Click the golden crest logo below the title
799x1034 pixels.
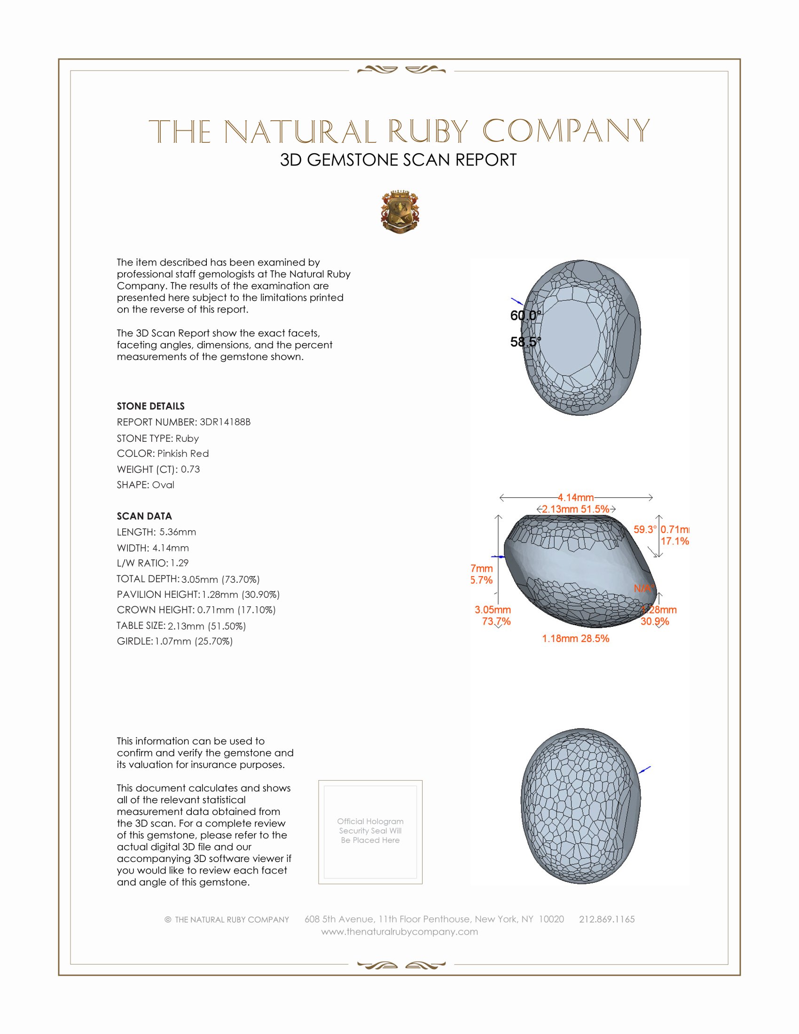point(400,212)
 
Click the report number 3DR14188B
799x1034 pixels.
point(225,422)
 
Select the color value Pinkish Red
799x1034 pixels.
point(183,454)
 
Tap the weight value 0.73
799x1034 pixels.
point(190,469)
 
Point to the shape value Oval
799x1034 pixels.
point(163,485)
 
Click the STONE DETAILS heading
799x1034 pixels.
point(150,406)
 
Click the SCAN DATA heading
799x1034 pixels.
point(144,516)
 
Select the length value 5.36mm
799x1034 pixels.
point(178,532)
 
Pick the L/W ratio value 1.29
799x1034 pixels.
point(180,564)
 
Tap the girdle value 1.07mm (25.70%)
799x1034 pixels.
point(194,642)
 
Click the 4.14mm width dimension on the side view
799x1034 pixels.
point(576,497)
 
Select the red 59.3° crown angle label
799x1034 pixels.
point(645,529)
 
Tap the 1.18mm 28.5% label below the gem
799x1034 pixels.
point(576,639)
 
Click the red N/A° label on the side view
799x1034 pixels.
point(644,588)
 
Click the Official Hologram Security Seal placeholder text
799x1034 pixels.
point(370,830)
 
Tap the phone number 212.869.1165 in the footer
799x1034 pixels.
point(607,919)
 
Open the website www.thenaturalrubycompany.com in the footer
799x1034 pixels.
point(399,932)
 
